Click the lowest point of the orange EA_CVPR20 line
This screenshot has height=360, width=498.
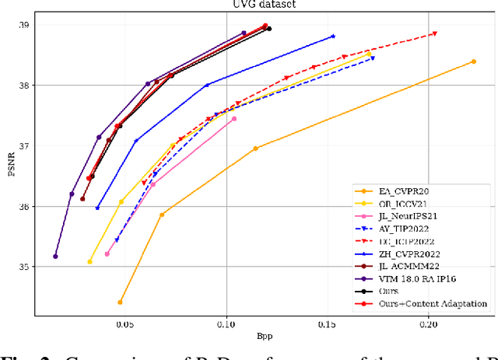tap(120, 302)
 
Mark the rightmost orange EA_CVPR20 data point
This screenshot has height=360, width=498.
tap(473, 61)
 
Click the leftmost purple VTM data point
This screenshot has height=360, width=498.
tap(55, 256)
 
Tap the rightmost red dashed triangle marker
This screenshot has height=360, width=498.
tap(434, 33)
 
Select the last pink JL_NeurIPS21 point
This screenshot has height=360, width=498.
tap(233, 119)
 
